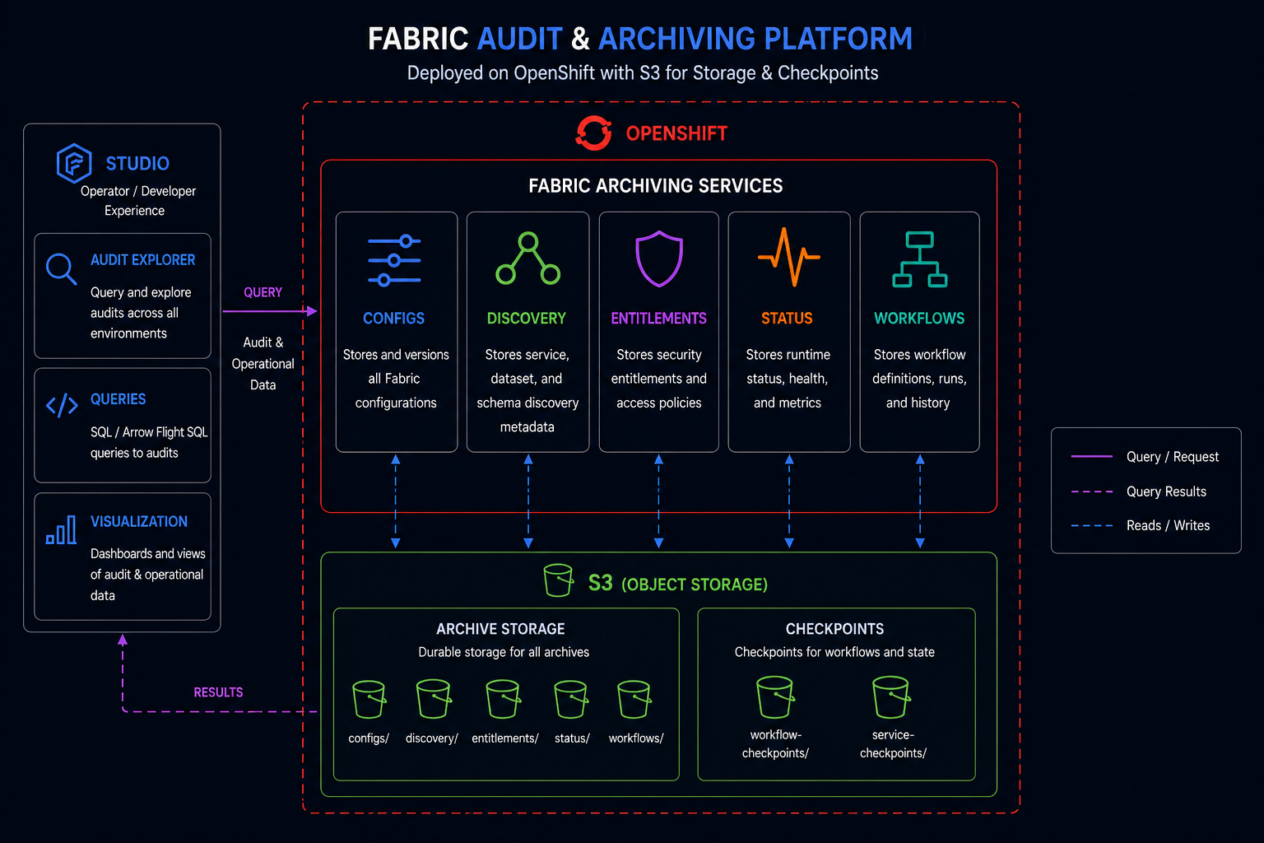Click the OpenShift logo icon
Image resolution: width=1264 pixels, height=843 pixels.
pyautogui.click(x=593, y=133)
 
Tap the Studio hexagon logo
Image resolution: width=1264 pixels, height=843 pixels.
pyautogui.click(x=73, y=163)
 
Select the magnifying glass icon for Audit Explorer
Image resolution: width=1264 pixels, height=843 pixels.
pyautogui.click(x=61, y=268)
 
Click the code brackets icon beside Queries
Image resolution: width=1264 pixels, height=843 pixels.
pyautogui.click(x=62, y=405)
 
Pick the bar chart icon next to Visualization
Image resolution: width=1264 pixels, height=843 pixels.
pyautogui.click(x=61, y=530)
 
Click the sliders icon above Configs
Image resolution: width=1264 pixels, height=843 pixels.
pyautogui.click(x=394, y=261)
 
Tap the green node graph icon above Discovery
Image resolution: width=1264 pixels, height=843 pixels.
pyautogui.click(x=527, y=258)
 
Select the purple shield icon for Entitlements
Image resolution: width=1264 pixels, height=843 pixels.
pyautogui.click(x=658, y=258)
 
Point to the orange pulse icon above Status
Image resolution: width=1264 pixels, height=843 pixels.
pyautogui.click(x=788, y=257)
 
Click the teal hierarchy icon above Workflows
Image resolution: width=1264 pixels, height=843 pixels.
pyautogui.click(x=919, y=259)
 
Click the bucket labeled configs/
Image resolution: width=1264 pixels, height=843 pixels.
pyautogui.click(x=369, y=700)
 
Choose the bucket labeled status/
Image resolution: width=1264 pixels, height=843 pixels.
pyautogui.click(x=570, y=700)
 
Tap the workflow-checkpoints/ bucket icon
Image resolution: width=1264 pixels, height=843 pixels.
pyautogui.click(x=774, y=697)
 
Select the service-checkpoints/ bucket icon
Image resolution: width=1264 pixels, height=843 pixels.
pyautogui.click(x=891, y=697)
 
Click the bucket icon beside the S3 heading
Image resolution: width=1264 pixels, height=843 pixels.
pyautogui.click(x=558, y=580)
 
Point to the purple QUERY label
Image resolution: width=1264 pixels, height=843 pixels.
pyautogui.click(x=263, y=292)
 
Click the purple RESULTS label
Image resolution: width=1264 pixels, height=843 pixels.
pyautogui.click(x=218, y=692)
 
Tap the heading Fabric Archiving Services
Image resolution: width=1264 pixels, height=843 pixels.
pyautogui.click(x=655, y=186)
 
